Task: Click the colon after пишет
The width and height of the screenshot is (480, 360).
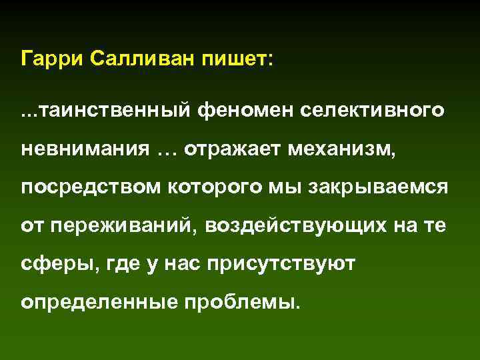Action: click(269, 60)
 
